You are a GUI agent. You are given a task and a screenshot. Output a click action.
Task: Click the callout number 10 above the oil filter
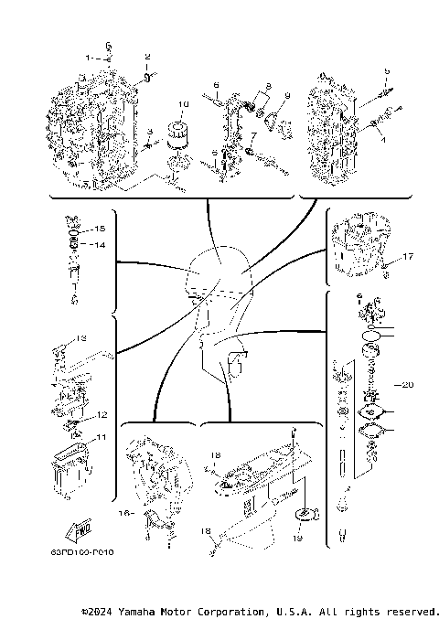coord(183,103)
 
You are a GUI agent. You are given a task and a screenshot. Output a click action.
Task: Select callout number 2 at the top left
coord(147,57)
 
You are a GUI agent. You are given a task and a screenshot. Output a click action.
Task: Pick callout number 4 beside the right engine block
coord(384,140)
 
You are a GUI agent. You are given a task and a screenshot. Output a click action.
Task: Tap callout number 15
coord(101,227)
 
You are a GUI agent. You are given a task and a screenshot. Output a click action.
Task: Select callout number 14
coord(101,245)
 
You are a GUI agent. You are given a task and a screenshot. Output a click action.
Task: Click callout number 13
coord(80,337)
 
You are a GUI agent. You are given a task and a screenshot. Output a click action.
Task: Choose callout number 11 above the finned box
coord(102,437)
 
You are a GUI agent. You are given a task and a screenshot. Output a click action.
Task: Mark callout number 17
coord(408,257)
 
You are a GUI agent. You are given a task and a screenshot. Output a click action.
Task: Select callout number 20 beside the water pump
coord(408,384)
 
